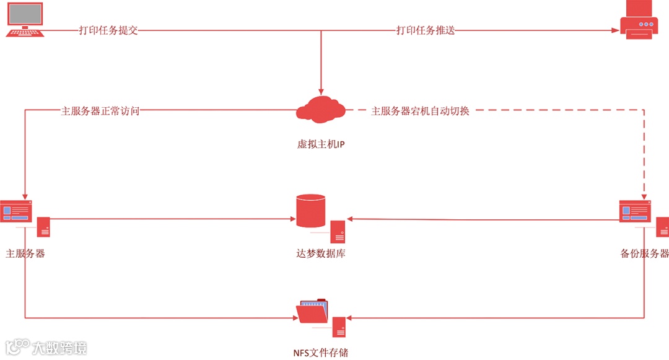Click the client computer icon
pyautogui.click(x=25, y=19)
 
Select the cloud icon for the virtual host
pyautogui.click(x=320, y=109)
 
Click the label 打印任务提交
pyautogui.click(x=108, y=30)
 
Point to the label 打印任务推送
pyautogui.click(x=426, y=30)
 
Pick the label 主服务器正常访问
pyautogui.click(x=100, y=112)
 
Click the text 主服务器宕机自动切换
pyautogui.click(x=420, y=112)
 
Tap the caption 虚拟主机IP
pyautogui.click(x=320, y=145)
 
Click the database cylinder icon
pyautogui.click(x=311, y=211)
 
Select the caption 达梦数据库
pyautogui.click(x=320, y=253)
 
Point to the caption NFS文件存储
pyautogui.click(x=320, y=353)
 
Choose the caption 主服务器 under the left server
pyautogui.click(x=25, y=253)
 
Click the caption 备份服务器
pyautogui.click(x=644, y=253)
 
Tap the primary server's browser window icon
pyautogui.click(x=15, y=211)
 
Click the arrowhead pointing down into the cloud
pyautogui.click(x=320, y=90)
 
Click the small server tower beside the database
pyautogui.click(x=338, y=232)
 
